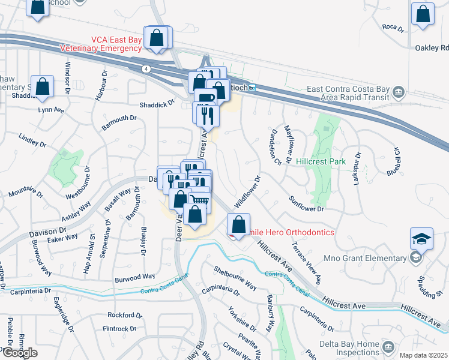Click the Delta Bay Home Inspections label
point(343,349)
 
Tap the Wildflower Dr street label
point(247,193)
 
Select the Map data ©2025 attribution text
point(424,355)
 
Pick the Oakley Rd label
point(432,48)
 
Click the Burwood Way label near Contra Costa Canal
point(135,277)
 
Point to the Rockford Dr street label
point(124,315)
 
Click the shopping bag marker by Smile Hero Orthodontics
point(239,225)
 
